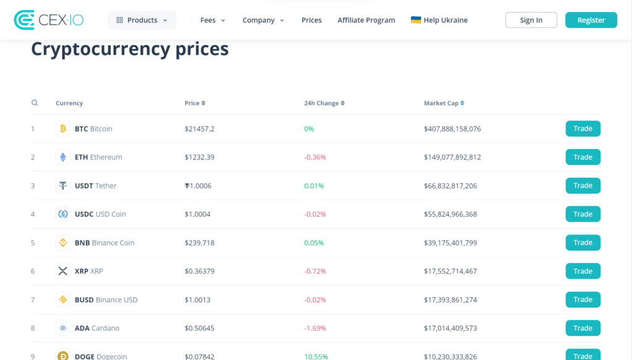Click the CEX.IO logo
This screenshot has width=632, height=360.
click(48, 20)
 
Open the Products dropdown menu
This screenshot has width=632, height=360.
click(142, 20)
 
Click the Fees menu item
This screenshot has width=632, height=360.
click(212, 20)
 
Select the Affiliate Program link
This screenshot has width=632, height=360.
click(366, 20)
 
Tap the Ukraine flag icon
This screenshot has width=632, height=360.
click(416, 20)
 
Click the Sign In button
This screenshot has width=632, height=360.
click(531, 20)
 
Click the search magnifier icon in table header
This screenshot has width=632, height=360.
click(35, 103)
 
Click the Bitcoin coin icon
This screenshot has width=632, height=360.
click(62, 129)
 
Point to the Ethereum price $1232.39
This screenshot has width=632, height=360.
click(199, 157)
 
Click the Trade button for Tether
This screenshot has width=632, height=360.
click(583, 186)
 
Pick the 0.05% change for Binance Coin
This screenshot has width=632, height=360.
click(314, 243)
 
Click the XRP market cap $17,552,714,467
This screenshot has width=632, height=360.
click(450, 271)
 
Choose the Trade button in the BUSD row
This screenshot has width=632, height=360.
click(583, 299)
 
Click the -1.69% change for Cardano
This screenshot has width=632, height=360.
click(315, 328)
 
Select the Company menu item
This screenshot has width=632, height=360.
click(263, 20)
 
